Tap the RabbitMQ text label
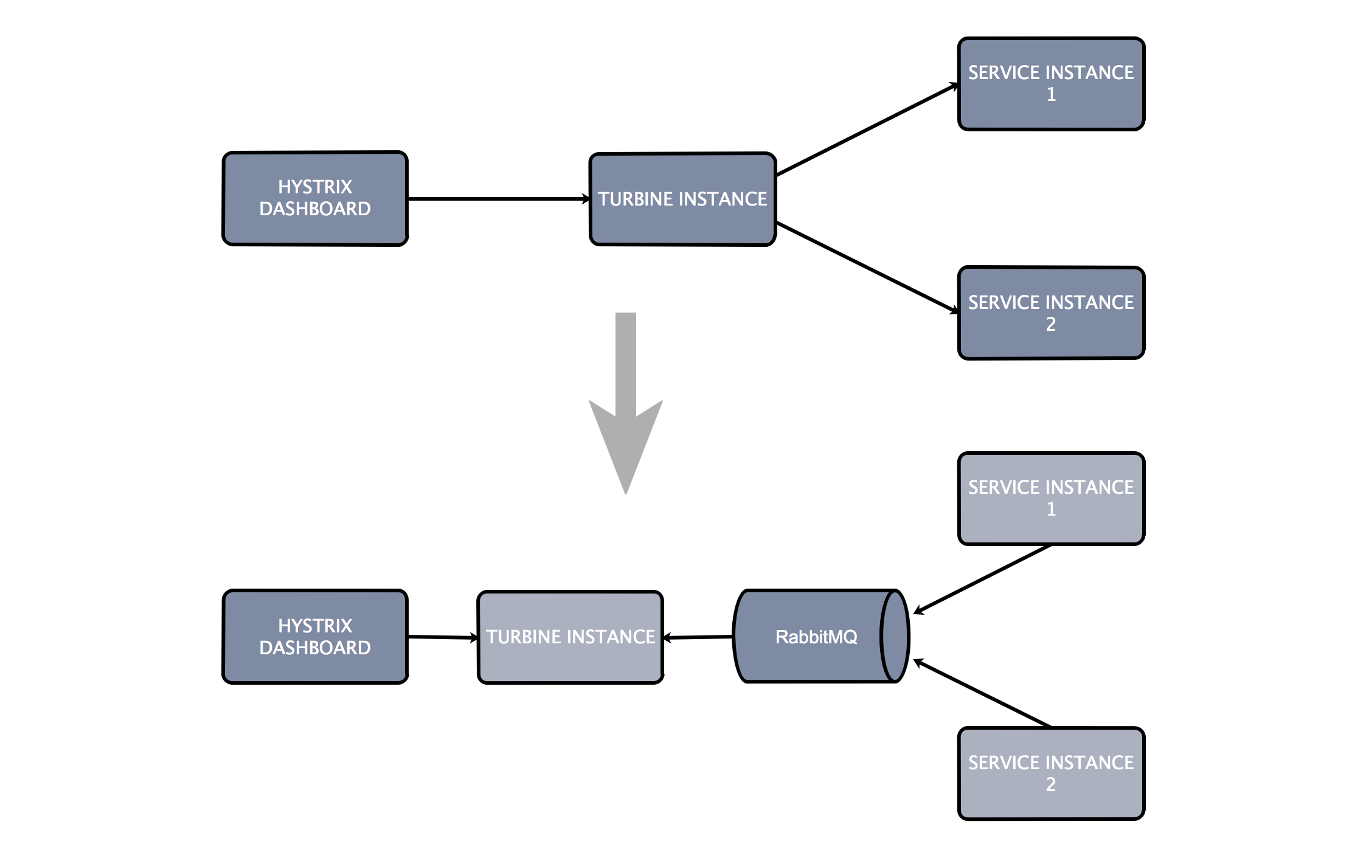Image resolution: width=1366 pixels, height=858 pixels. click(816, 637)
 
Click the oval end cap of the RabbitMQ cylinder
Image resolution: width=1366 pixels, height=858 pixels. click(894, 636)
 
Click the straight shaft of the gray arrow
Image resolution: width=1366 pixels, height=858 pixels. click(626, 359)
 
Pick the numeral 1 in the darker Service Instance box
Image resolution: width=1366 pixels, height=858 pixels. click(1051, 94)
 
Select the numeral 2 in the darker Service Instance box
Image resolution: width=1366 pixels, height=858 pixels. click(1051, 324)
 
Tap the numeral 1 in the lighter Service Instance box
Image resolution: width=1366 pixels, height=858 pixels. click(1051, 509)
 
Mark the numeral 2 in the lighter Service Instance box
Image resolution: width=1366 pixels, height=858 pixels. click(1051, 784)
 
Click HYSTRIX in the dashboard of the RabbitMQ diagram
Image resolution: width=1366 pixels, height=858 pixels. click(315, 626)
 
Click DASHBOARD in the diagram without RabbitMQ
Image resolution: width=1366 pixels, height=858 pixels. click(315, 209)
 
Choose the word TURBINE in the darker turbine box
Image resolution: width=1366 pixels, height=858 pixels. click(635, 199)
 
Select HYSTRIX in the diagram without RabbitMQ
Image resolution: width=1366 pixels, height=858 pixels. click(315, 187)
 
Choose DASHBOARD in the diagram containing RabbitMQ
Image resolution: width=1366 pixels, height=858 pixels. click(315, 648)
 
